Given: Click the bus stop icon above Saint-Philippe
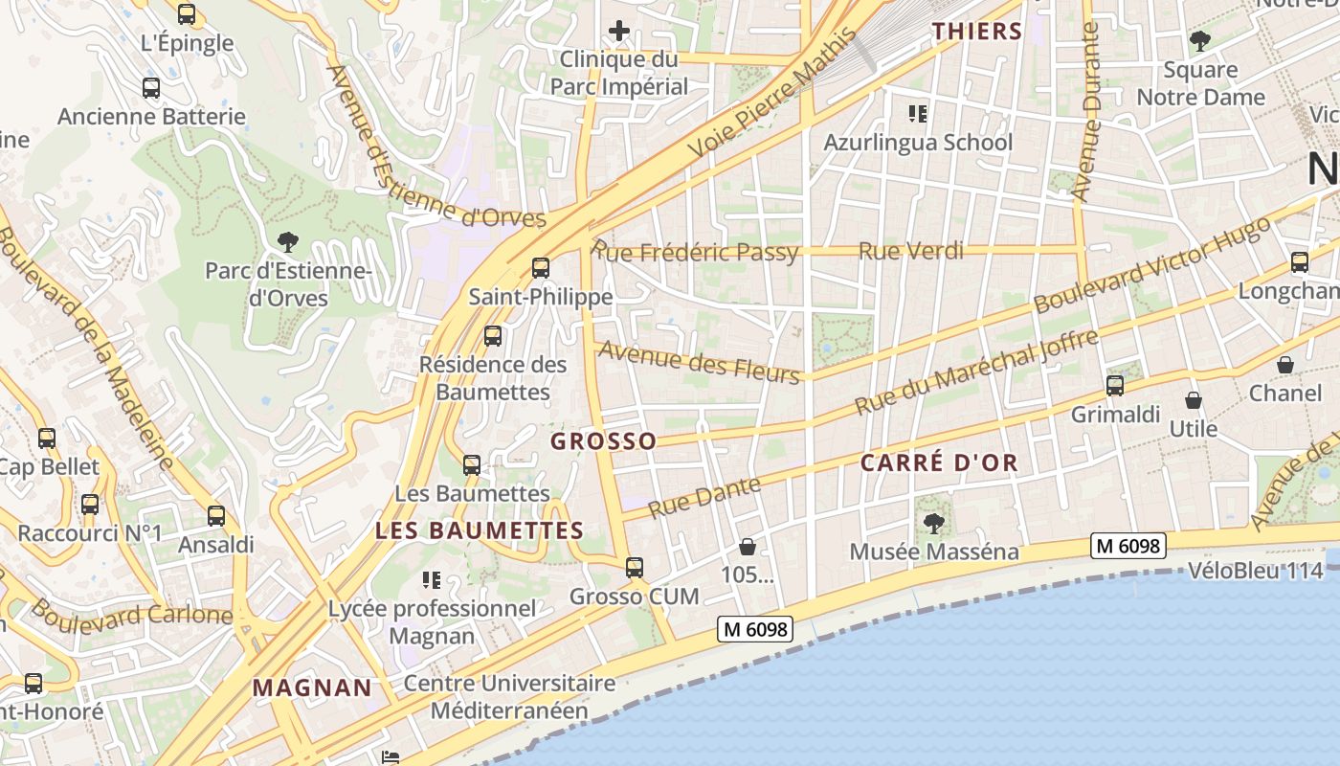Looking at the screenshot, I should coord(541,267).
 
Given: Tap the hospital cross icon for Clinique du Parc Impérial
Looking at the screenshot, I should coord(619,31).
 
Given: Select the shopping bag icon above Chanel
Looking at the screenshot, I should coord(1285,365).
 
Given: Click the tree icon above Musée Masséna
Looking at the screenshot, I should coord(933,524).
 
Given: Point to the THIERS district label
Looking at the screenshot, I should coord(978,31).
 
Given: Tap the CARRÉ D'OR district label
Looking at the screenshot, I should coord(939,463).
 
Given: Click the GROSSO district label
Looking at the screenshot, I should coord(604,441).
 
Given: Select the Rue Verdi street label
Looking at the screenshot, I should coord(911,252).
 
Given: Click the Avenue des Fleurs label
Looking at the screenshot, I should coord(699,362).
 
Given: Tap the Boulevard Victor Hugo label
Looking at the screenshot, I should coord(1152,265).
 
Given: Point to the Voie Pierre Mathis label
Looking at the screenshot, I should coord(770,95).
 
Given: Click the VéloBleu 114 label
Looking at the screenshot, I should coord(1255,572).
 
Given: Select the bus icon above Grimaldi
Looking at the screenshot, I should coord(1115,386).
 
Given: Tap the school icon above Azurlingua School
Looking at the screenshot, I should coord(918,115).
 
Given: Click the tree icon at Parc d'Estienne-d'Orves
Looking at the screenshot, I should coord(287,242).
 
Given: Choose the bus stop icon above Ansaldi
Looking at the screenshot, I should coord(216,516).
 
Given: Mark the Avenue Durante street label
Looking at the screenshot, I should coord(1087,112).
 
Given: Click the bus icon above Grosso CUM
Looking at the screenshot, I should coord(635,568).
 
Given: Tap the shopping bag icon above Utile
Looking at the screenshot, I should coord(1194,400).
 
